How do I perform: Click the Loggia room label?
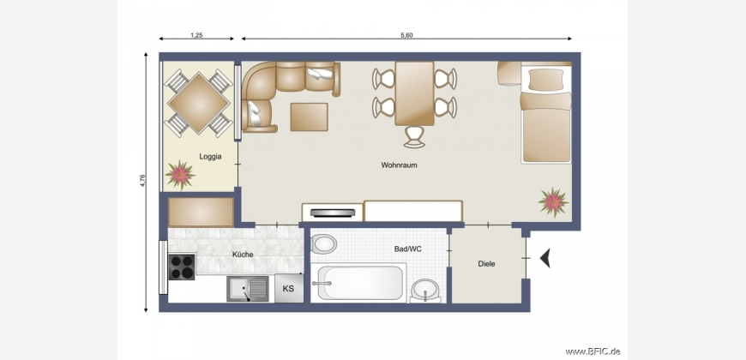[x=210, y=157]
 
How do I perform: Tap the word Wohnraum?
[x=399, y=165]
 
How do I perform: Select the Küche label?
[x=243, y=255]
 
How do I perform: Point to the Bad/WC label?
[x=408, y=249]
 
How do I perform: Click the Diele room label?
[x=486, y=263]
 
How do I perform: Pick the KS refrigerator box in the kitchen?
[x=289, y=288]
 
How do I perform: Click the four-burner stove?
[x=182, y=267]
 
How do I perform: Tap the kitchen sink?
[x=248, y=289]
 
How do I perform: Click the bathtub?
[x=360, y=283]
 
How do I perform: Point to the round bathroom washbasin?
[x=425, y=290]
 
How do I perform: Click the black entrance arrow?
[x=545, y=258]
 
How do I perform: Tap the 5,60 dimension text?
[x=406, y=35]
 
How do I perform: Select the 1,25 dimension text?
[x=196, y=35]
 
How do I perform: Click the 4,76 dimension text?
[x=142, y=181]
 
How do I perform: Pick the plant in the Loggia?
[x=180, y=175]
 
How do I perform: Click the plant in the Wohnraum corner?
[x=553, y=202]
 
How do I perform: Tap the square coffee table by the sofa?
[x=310, y=117]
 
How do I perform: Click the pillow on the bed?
[x=545, y=80]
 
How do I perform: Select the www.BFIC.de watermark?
[x=593, y=351]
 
